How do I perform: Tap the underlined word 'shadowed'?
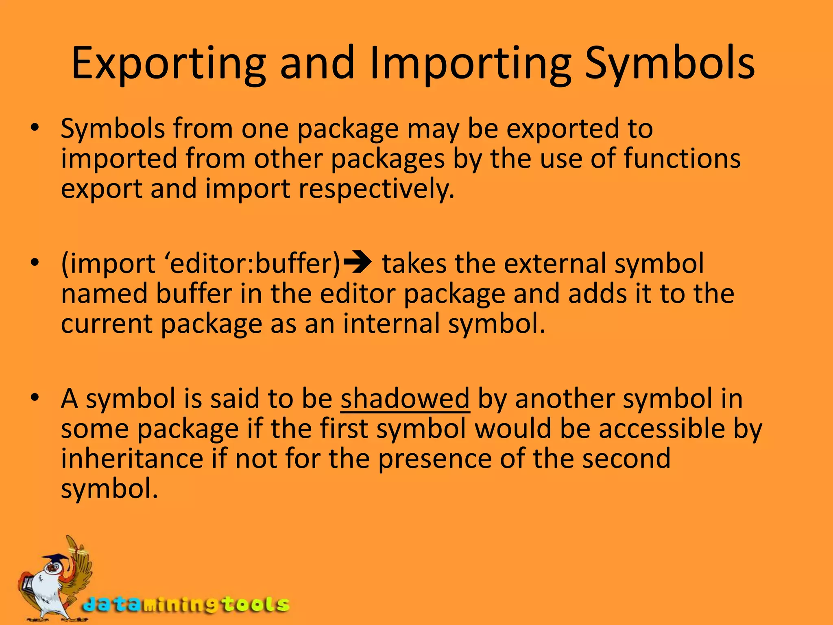[405, 398]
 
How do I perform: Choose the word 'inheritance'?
[132, 459]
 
